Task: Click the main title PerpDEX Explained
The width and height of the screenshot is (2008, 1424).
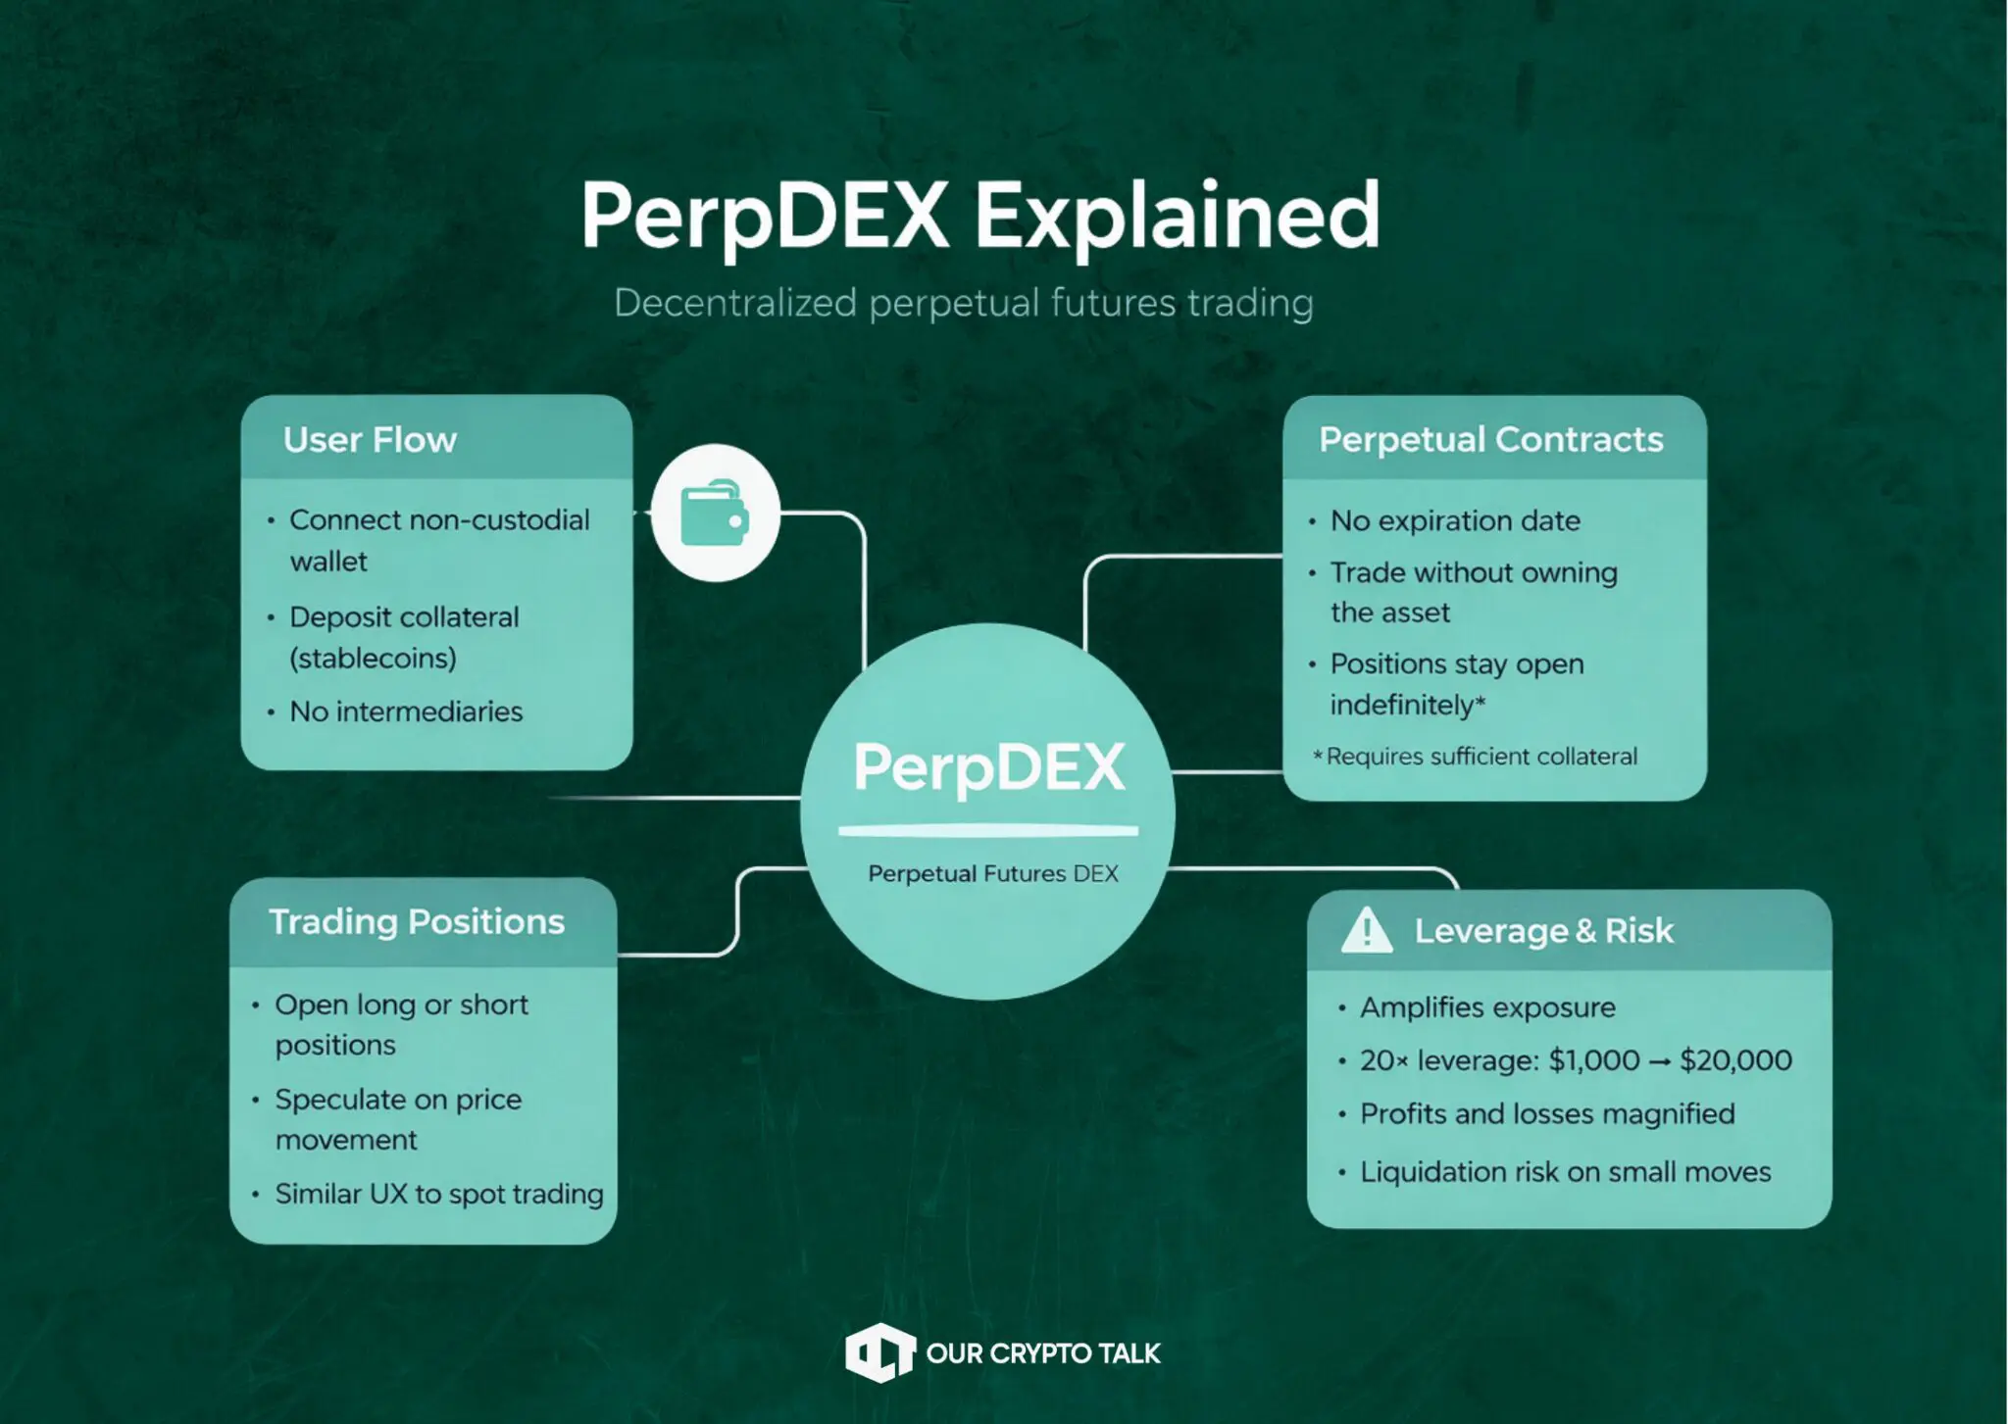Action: click(980, 216)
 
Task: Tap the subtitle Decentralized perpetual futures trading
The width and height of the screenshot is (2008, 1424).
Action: click(963, 303)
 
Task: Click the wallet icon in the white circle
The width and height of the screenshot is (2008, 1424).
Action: click(715, 513)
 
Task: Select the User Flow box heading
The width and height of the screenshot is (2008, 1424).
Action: click(370, 440)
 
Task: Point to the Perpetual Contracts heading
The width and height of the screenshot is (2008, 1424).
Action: click(1490, 440)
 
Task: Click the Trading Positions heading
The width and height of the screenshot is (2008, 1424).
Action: click(417, 922)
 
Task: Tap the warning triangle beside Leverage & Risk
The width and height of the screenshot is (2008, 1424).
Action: click(1366, 930)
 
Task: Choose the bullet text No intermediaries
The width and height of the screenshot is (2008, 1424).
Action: click(406, 712)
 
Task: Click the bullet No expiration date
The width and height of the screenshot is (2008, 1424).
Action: click(1455, 520)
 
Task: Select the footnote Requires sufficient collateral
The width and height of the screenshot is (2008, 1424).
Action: click(1481, 757)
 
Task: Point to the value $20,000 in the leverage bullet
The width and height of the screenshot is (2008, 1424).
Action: click(1735, 1060)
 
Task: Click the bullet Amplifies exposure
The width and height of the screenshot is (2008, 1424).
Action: click(1487, 1007)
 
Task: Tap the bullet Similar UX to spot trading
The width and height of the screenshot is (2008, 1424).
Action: click(439, 1194)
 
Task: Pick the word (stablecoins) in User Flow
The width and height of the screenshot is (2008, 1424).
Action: click(374, 659)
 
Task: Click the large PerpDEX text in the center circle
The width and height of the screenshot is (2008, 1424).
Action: click(988, 766)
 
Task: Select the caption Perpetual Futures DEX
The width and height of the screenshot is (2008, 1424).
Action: click(992, 873)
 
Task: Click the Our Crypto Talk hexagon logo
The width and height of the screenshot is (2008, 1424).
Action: click(879, 1353)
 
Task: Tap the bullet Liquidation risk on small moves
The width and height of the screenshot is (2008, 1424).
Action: click(1565, 1172)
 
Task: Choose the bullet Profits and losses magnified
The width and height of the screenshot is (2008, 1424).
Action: click(1547, 1114)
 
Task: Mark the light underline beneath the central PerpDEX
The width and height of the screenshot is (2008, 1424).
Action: click(988, 831)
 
